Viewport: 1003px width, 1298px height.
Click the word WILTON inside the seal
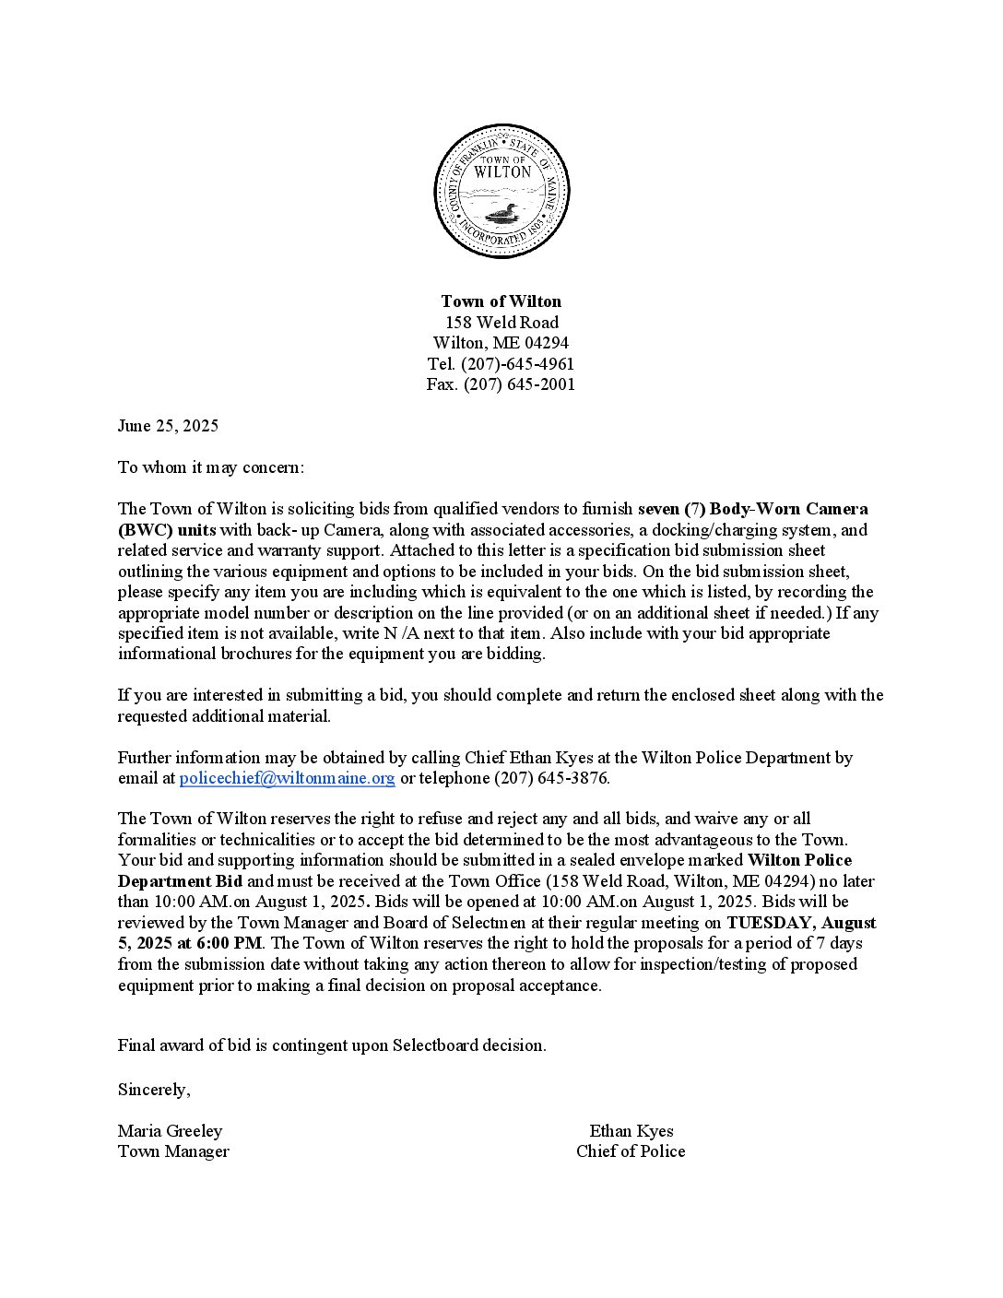501,171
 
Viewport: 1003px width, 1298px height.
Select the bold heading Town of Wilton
501,301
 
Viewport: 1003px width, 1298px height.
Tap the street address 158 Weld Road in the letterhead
501,323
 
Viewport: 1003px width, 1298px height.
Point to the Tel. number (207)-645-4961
517,364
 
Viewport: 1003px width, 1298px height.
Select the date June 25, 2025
168,426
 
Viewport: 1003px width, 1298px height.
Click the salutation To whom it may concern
210,467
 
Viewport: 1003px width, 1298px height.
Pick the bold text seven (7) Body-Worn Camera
752,509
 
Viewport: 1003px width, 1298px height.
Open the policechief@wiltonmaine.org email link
287,778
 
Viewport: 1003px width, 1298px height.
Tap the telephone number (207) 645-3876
551,778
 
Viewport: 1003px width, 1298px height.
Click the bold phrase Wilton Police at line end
799,861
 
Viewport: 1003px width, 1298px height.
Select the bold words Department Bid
180,881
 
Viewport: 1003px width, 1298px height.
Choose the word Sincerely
154,1090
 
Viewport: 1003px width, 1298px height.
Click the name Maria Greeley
170,1131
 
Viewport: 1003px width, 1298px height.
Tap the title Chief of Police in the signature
631,1151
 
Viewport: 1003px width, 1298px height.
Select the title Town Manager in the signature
173,1151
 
